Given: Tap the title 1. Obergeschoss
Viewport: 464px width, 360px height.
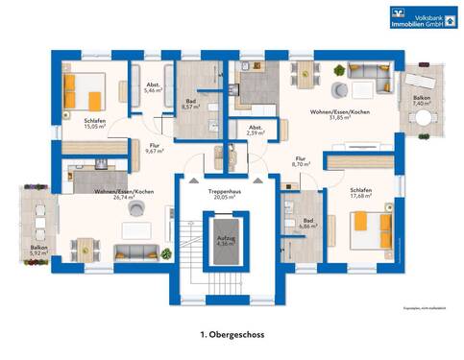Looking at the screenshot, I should click(232, 334).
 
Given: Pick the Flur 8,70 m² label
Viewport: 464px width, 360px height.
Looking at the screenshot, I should click(301, 162).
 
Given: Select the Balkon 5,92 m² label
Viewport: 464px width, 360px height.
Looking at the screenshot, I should click(37, 251).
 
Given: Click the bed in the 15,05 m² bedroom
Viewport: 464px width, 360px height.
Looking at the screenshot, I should click(83, 94).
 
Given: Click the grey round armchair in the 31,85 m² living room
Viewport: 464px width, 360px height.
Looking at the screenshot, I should click(338, 91).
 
